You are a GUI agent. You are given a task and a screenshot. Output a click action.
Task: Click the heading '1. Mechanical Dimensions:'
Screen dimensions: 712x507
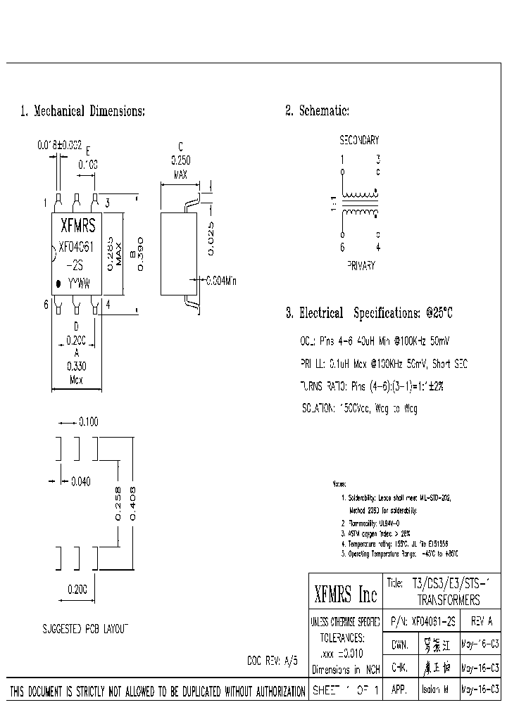[82, 111]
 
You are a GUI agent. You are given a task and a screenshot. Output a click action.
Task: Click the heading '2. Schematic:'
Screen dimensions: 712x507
[317, 111]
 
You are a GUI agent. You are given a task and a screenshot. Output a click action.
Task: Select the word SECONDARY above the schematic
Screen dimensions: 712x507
[359, 141]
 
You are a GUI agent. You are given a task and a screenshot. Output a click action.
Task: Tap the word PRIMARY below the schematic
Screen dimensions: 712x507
[361, 266]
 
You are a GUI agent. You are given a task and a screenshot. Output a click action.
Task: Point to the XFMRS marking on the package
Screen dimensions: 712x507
[78, 227]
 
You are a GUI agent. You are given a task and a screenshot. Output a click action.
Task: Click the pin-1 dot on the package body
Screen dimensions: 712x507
[58, 284]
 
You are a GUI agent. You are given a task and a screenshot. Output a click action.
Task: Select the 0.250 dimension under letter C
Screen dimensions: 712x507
[180, 160]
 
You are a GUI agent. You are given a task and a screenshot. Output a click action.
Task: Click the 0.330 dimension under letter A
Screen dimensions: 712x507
[76, 366]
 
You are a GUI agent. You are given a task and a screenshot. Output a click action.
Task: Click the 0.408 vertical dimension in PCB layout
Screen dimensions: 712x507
[132, 502]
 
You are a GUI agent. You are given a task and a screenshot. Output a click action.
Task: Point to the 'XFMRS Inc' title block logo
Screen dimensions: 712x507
[345, 596]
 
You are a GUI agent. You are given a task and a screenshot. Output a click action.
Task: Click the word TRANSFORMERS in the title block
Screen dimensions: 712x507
[449, 601]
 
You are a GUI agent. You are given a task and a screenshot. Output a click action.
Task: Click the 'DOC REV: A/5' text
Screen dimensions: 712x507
[273, 661]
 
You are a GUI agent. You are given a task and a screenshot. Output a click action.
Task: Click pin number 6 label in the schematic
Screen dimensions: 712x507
[343, 247]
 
